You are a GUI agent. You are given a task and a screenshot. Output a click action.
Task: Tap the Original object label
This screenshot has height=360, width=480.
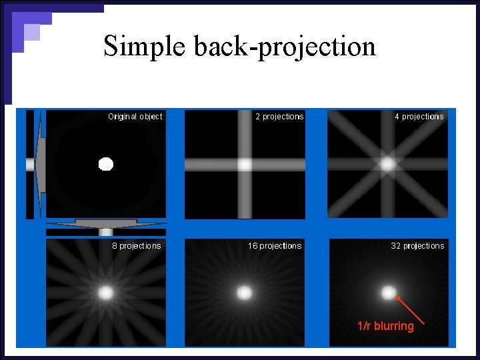135,117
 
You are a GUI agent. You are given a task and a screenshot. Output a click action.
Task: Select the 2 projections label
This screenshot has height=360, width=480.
279,117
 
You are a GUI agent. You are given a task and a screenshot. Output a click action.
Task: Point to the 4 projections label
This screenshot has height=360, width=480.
419,117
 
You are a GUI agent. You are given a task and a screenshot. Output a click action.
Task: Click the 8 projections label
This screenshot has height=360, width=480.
136,246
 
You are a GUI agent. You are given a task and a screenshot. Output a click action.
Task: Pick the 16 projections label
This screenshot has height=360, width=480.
275,246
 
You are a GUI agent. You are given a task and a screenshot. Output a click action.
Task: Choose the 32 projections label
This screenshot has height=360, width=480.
417,246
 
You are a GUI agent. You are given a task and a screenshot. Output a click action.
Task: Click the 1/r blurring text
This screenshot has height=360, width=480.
385,326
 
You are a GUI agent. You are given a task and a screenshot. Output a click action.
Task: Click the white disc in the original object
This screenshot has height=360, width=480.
106,163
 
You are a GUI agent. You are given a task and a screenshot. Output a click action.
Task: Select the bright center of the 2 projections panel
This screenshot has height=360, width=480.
245,164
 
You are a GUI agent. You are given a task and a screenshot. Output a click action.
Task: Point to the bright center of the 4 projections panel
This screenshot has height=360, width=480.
387,163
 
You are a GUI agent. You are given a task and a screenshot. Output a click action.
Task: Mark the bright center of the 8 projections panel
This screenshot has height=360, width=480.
106,292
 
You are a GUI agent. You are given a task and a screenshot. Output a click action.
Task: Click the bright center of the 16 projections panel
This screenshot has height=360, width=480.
245,293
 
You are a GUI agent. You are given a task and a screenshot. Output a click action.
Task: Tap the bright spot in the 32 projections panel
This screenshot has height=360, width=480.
388,292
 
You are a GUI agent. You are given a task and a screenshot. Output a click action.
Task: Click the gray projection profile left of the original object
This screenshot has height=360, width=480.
39,164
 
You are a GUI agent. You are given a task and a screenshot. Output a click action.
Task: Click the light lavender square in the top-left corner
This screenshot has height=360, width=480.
31,32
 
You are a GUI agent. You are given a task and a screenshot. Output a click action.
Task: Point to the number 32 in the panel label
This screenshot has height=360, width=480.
395,246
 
